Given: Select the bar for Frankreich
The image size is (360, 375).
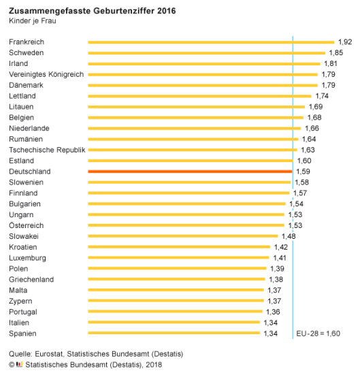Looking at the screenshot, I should (x=211, y=42).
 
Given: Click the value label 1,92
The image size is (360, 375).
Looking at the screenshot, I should (x=345, y=42).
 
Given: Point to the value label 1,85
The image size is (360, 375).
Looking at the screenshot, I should (x=336, y=52).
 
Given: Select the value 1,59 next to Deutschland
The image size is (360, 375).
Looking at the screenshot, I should (x=304, y=172).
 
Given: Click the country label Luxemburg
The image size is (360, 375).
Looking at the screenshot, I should (x=27, y=258).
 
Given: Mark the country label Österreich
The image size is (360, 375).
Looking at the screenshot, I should (x=26, y=225).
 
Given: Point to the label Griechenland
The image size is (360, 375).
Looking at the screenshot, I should (x=31, y=280).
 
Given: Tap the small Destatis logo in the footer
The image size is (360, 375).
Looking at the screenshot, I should (x=19, y=364).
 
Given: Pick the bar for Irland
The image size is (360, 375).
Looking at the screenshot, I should (x=204, y=63).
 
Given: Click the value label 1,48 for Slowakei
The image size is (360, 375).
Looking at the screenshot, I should (x=289, y=236).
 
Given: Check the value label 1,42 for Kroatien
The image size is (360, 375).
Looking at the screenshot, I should (x=281, y=247).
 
